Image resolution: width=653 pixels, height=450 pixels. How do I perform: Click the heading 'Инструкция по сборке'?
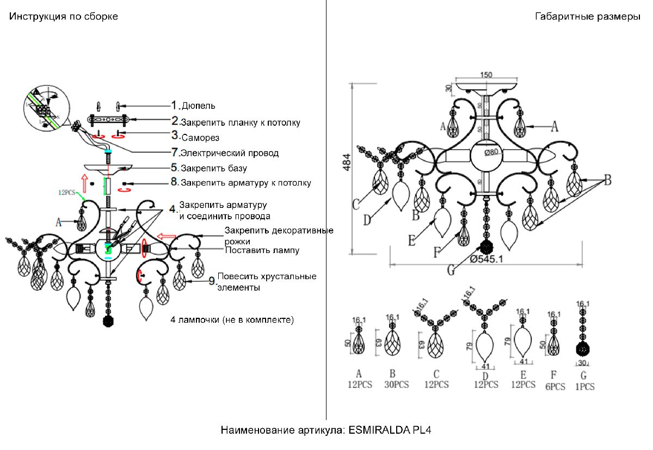(x=63, y=16)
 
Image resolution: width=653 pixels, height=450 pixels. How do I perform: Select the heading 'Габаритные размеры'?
(x=588, y=16)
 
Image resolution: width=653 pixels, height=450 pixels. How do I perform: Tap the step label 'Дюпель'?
(x=198, y=106)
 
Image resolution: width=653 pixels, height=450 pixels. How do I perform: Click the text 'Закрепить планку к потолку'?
(x=240, y=122)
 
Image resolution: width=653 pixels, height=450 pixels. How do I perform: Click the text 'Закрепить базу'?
(x=213, y=168)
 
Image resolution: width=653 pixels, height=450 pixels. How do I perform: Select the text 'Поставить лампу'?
(x=262, y=250)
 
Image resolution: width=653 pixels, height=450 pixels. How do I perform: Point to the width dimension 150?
(x=486, y=75)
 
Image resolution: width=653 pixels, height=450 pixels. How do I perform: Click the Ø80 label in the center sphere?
(x=492, y=152)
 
